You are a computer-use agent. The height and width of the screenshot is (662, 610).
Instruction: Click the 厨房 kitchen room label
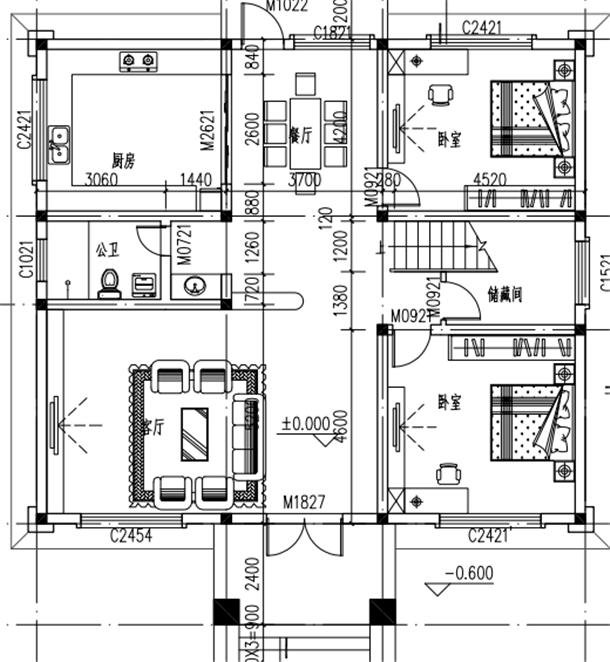(124, 159)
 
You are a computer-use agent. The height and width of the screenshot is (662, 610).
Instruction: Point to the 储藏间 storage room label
(506, 295)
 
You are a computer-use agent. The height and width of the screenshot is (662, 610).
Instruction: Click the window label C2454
(131, 537)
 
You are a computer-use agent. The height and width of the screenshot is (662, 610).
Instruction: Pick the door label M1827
(304, 501)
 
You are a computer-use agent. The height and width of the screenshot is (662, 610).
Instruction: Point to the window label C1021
(27, 261)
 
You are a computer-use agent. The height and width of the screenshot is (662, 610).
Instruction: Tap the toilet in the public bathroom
(109, 284)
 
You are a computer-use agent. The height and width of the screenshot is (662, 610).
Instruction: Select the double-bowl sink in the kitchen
(59, 144)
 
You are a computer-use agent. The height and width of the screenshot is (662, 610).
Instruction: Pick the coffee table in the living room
(195, 434)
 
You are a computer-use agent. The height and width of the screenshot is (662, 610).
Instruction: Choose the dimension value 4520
(489, 179)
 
